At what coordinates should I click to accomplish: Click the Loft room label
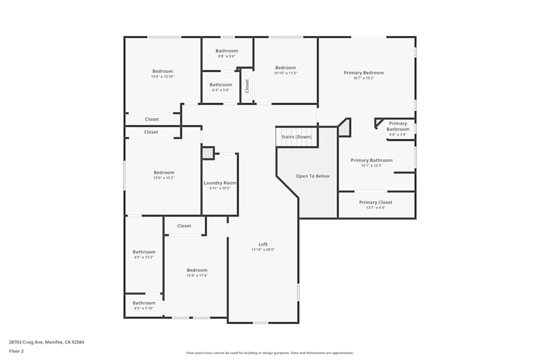pyautogui.click(x=263, y=244)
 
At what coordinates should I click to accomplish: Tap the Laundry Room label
pyautogui.click(x=220, y=183)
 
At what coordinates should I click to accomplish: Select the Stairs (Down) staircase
pyautogui.click(x=296, y=137)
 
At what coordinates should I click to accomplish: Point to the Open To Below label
pyautogui.click(x=312, y=176)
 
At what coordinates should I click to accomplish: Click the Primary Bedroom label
pyautogui.click(x=363, y=73)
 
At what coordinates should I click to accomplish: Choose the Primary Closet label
pyautogui.click(x=376, y=202)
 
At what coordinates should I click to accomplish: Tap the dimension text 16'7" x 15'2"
pyautogui.click(x=363, y=78)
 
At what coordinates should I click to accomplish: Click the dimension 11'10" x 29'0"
pyautogui.click(x=263, y=250)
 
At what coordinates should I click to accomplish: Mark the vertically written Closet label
pyautogui.click(x=247, y=86)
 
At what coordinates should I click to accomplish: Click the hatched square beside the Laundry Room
pyautogui.click(x=208, y=153)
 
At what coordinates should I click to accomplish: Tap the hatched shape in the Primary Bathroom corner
pyautogui.click(x=344, y=128)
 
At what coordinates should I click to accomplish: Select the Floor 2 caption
pyautogui.click(x=16, y=351)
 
